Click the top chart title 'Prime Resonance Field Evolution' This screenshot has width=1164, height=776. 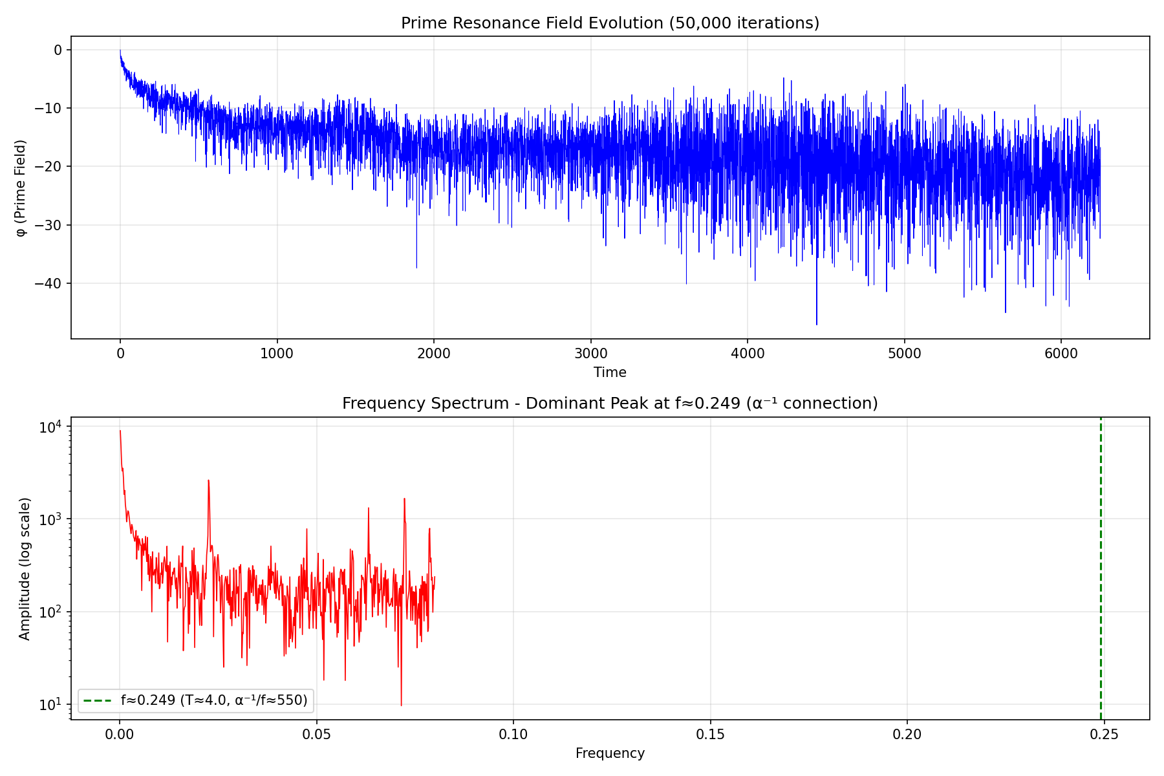point(610,23)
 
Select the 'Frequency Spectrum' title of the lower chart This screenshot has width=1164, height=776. point(610,404)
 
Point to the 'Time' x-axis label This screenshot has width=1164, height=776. point(610,372)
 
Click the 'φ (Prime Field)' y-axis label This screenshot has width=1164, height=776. point(22,188)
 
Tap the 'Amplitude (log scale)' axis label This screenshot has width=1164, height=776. point(25,569)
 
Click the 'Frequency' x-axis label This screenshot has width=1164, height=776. point(610,753)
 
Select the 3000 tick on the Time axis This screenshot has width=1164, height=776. point(590,354)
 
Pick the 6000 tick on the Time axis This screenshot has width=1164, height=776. point(1061,354)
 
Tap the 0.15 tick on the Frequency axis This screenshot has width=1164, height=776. point(710,735)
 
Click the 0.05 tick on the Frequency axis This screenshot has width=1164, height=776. point(316,735)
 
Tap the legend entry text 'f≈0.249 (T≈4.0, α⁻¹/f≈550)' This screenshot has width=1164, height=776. point(214,700)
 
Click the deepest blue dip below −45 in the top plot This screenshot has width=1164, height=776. point(816,323)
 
